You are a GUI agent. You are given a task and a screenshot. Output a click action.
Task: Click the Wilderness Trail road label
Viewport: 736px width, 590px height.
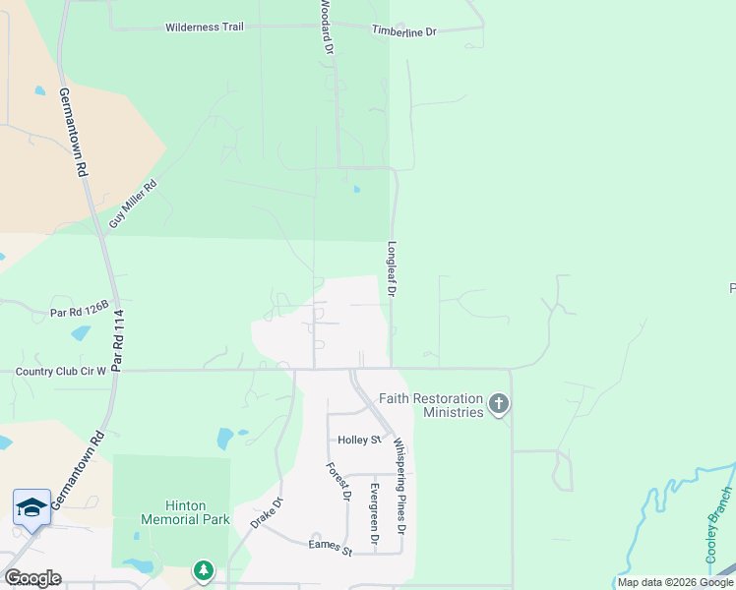(x=205, y=27)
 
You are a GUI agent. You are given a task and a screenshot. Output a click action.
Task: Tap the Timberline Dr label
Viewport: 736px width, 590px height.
(x=403, y=31)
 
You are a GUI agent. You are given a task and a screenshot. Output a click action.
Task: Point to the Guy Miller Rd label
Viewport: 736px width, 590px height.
(x=133, y=205)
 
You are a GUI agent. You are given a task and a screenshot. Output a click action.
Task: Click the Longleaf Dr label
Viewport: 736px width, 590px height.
(x=392, y=269)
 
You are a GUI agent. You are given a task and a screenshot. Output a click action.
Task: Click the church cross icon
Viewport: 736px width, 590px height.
(x=499, y=403)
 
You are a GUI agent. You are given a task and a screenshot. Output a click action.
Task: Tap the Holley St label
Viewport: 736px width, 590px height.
(x=358, y=440)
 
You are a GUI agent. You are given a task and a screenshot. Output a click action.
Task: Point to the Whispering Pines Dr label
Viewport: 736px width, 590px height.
(x=400, y=486)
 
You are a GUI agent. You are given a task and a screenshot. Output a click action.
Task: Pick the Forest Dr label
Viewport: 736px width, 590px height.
(x=335, y=482)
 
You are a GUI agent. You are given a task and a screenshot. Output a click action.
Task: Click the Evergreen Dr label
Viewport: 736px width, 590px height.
(x=374, y=513)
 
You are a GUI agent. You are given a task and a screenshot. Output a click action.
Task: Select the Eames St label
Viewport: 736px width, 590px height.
(x=330, y=546)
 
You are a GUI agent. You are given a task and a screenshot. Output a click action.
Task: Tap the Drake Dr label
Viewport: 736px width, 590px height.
(x=266, y=512)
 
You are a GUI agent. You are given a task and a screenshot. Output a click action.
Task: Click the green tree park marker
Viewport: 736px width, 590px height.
(x=203, y=569)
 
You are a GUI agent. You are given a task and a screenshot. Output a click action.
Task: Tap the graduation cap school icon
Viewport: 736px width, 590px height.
(x=31, y=507)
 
